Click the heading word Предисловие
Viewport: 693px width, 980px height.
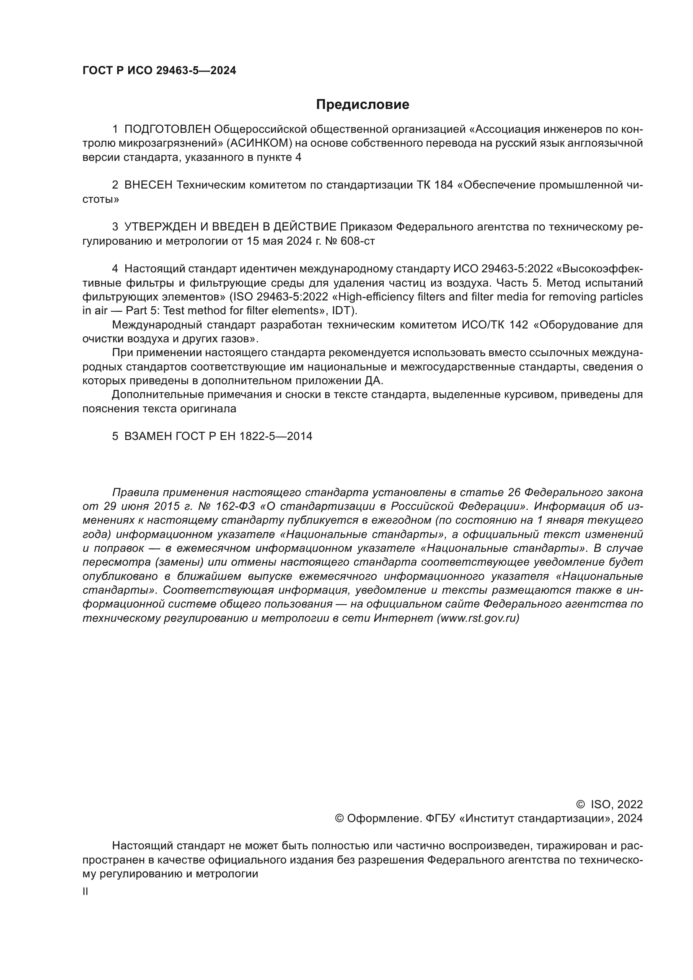coord(363,105)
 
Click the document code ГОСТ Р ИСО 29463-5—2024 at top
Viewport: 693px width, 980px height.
coord(159,71)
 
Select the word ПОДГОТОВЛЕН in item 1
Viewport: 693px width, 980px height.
coord(167,129)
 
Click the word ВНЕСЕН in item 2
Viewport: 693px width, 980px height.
coord(148,185)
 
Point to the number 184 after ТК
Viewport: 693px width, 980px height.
coord(443,185)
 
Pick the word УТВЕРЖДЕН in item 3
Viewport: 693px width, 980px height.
coord(160,227)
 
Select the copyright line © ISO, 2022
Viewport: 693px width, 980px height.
coord(609,804)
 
